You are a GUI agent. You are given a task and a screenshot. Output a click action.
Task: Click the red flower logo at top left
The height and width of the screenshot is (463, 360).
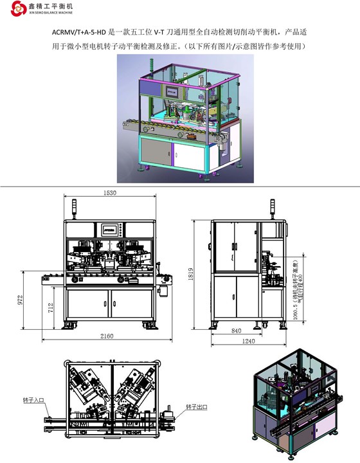tap(10, 9)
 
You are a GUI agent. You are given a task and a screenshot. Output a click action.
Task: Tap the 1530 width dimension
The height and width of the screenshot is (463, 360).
tap(111, 193)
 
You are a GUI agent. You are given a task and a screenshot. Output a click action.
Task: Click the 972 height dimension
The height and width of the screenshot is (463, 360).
tap(21, 299)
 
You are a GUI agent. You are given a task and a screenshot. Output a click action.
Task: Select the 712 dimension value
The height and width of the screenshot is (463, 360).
tap(49, 307)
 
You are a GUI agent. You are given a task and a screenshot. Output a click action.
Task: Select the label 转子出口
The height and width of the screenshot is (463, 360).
tap(196, 407)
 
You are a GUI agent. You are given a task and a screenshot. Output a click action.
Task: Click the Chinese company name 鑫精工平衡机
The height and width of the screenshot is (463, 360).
tap(51, 6)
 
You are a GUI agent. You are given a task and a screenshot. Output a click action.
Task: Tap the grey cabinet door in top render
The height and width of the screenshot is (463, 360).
tap(156, 152)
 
